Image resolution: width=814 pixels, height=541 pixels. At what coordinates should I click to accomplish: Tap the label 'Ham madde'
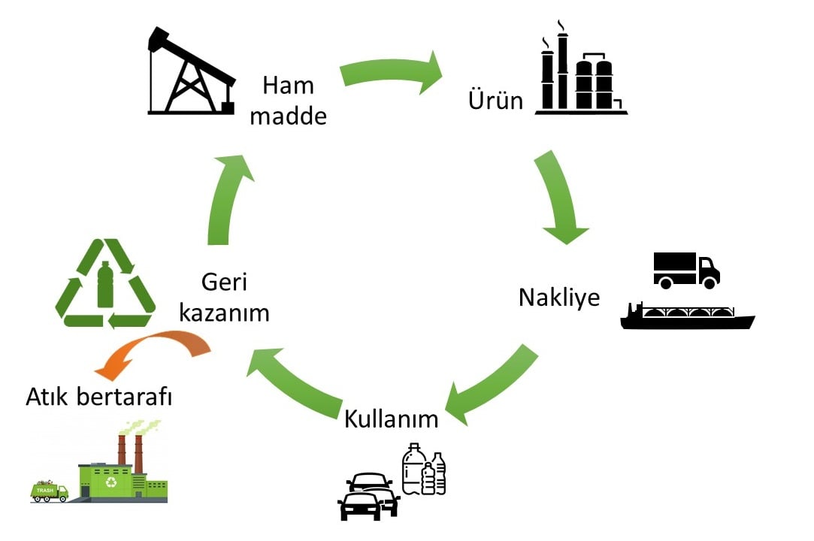pyautogui.click(x=288, y=101)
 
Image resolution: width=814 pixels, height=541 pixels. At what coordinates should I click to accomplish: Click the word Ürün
pyautogui.click(x=495, y=100)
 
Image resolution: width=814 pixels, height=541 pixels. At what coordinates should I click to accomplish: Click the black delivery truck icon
pyautogui.click(x=686, y=270)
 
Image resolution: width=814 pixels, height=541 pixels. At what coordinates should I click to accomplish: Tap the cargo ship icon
pyautogui.click(x=687, y=316)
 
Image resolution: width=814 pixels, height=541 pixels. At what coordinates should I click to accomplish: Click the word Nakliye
pyautogui.click(x=559, y=298)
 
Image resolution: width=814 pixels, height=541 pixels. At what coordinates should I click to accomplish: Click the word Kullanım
pyautogui.click(x=391, y=419)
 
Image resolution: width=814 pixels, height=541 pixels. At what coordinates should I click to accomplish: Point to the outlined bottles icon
pyautogui.click(x=424, y=469)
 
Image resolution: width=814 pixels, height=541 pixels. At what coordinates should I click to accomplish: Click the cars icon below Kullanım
pyautogui.click(x=368, y=497)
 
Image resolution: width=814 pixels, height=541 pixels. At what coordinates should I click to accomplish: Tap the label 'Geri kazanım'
pyautogui.click(x=224, y=298)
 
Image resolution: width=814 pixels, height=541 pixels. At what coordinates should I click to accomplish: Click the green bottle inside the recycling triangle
pyautogui.click(x=105, y=285)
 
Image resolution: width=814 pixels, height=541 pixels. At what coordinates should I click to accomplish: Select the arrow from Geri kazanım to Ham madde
pyautogui.click(x=226, y=200)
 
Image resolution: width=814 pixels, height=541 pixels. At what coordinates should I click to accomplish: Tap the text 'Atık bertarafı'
pyautogui.click(x=98, y=397)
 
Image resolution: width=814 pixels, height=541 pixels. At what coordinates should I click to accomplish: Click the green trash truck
pyautogui.click(x=50, y=491)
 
